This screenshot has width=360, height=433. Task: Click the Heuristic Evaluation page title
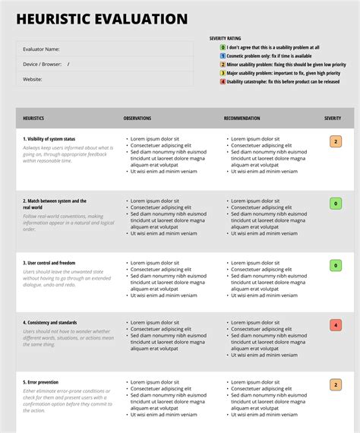coord(102,19)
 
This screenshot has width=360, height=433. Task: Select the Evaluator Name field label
coord(42,49)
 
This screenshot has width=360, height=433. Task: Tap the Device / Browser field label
coord(43,64)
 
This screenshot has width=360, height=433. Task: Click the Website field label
coord(33,78)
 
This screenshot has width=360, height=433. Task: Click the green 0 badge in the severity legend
coord(223,48)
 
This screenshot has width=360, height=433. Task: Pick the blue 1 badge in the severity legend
coord(223,56)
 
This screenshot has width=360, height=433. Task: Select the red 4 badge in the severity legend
coord(223,81)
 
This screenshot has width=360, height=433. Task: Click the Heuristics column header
coord(33,119)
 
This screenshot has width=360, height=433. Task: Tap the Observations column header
coord(137,119)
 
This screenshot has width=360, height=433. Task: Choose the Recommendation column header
coord(242,119)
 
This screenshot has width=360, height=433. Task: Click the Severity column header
coord(333,119)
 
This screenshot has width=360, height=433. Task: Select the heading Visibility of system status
coord(49,139)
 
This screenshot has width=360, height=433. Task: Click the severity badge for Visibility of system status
coord(336,141)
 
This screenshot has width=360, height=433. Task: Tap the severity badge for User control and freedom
coord(336,265)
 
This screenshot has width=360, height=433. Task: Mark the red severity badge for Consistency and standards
coord(336,325)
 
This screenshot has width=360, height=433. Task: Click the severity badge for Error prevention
coord(336,384)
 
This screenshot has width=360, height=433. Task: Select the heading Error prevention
coord(41,382)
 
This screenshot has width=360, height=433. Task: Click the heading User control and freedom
coord(49,263)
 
